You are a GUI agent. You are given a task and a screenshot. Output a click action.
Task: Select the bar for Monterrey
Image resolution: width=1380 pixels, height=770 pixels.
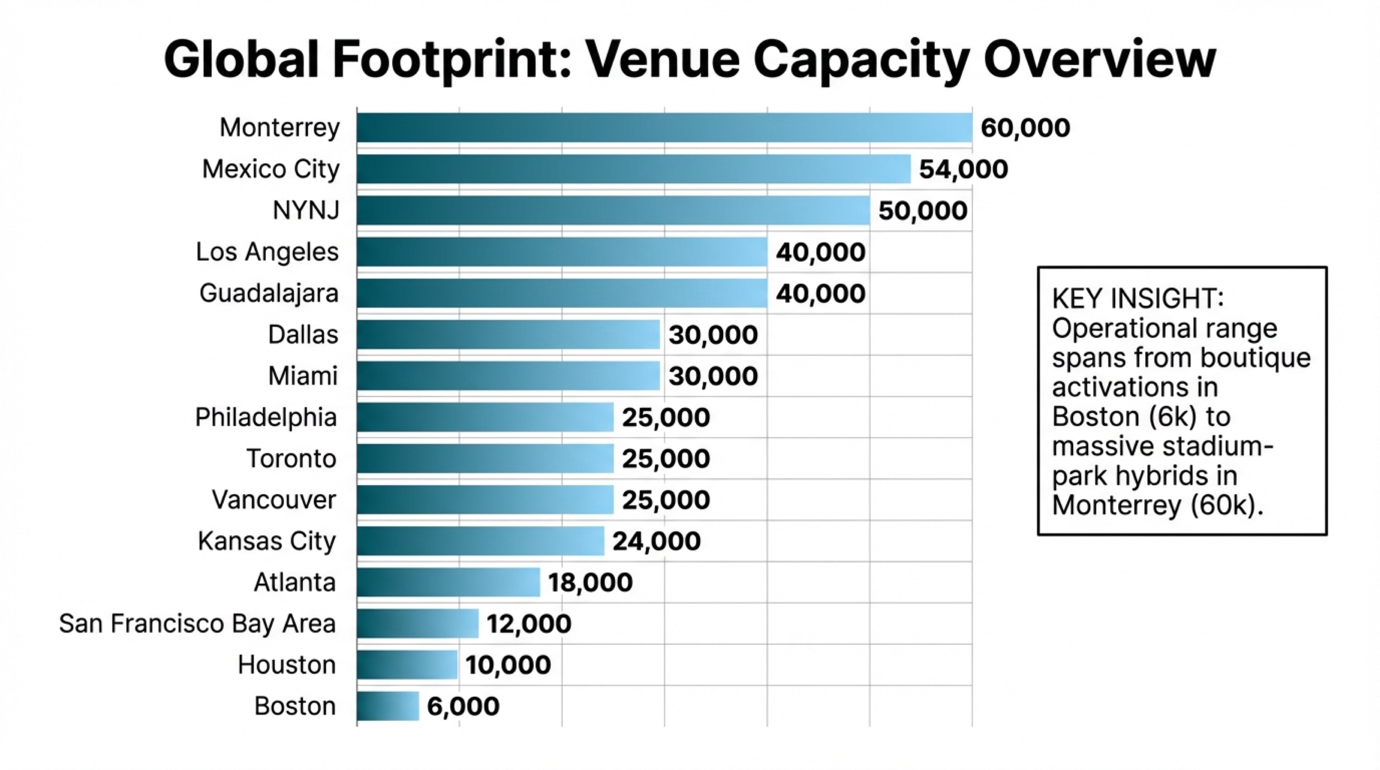(664, 127)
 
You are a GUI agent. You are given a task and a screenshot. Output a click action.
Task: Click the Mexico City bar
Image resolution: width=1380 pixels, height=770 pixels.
(633, 169)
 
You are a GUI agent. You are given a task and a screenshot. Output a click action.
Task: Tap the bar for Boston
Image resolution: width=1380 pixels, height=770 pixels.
(388, 706)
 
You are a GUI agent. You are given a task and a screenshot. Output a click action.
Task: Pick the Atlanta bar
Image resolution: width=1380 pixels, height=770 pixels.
(448, 582)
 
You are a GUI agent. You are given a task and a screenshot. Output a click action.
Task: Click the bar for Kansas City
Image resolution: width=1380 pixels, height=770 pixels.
(481, 541)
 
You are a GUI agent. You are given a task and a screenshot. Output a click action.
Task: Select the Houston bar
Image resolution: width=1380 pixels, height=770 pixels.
(407, 665)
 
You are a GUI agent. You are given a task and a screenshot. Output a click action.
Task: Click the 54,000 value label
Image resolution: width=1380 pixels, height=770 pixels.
(963, 169)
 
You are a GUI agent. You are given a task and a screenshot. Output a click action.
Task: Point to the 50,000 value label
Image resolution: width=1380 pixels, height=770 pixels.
(923, 210)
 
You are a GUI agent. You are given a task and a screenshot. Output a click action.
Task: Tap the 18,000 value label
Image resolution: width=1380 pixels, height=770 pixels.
(590, 582)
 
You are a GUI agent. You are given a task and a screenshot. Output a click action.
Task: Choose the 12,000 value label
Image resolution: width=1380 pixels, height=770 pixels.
(528, 623)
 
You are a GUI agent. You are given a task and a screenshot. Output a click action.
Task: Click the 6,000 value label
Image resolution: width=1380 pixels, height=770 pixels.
(463, 706)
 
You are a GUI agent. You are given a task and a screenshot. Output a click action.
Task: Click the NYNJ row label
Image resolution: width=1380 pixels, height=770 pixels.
(306, 210)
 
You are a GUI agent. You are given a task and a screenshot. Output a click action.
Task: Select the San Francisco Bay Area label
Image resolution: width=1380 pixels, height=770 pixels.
(197, 623)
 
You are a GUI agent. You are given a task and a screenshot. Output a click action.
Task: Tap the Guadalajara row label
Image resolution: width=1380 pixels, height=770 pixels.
(269, 293)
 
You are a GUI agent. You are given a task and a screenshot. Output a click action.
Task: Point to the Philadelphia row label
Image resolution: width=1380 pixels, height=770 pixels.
(266, 417)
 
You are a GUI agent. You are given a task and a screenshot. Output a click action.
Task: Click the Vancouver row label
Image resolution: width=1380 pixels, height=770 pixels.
(274, 500)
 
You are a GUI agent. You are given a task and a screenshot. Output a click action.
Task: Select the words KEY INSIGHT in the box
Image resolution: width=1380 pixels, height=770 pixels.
(1137, 298)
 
